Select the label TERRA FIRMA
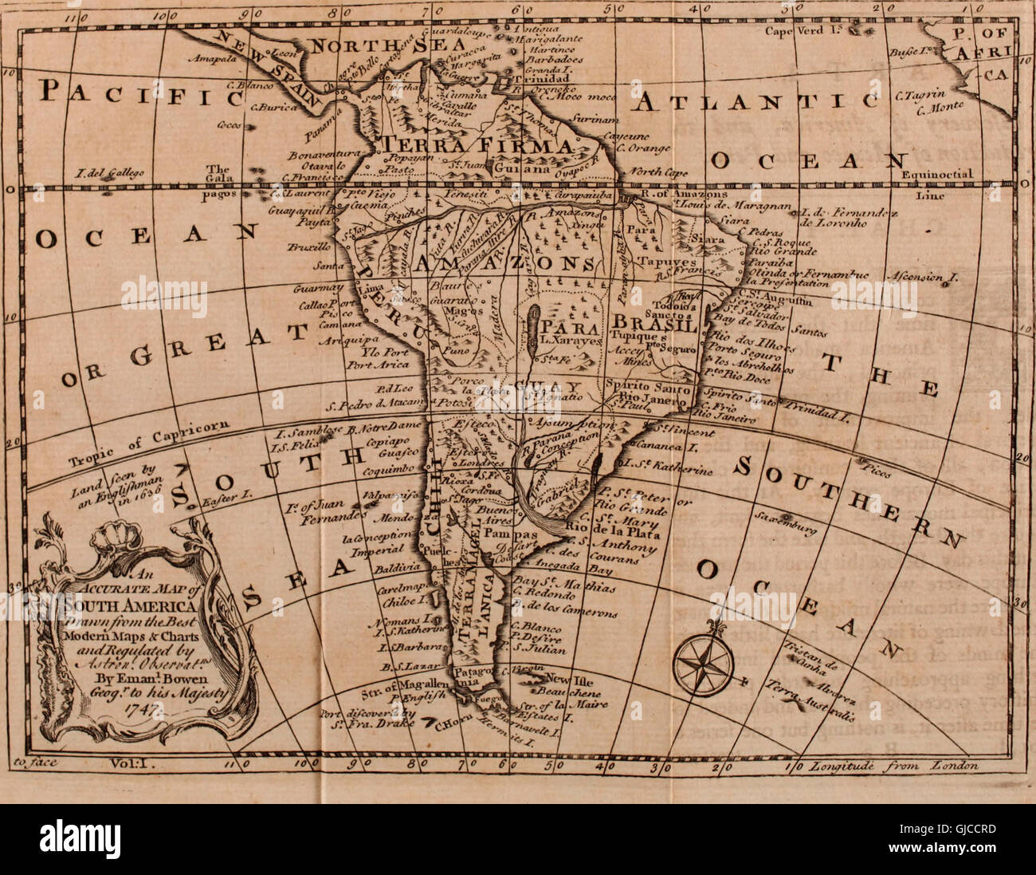click(x=478, y=146)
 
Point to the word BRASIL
click(x=654, y=326)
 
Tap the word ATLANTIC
click(x=757, y=101)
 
